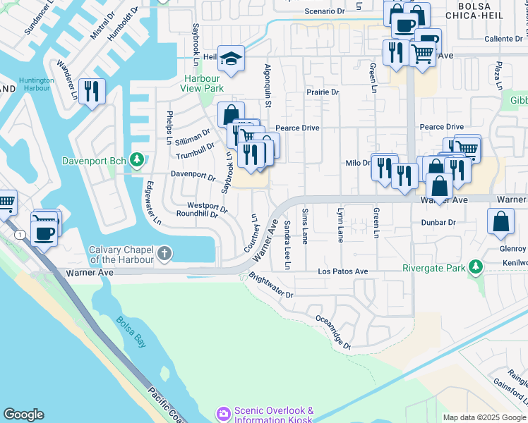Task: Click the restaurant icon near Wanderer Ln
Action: tap(92, 92)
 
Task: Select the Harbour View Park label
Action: tap(203, 83)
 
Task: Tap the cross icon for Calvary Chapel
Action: tap(164, 253)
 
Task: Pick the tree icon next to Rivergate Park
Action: tap(476, 267)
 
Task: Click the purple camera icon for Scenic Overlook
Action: tap(224, 413)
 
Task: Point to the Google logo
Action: tap(23, 415)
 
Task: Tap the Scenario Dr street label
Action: tap(324, 12)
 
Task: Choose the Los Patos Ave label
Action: tap(342, 271)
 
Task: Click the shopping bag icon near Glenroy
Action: tap(500, 221)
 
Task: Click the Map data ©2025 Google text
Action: tap(484, 417)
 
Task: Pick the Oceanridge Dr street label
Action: tap(332, 332)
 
